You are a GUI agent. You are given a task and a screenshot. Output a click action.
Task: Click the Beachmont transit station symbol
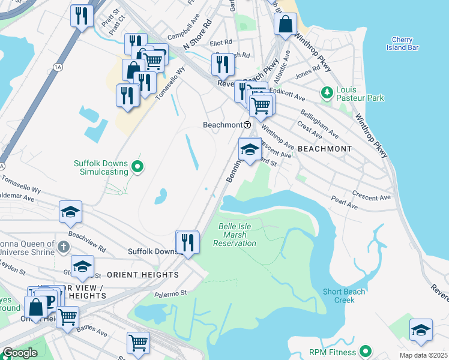click(x=247, y=125)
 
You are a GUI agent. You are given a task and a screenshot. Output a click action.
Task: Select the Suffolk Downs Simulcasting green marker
click(x=137, y=167)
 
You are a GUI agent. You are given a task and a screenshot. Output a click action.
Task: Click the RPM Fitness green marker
click(x=366, y=352)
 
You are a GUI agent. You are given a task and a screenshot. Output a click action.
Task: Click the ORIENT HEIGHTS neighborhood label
click(x=143, y=274)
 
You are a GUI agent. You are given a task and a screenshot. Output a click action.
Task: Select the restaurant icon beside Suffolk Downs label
click(x=188, y=242)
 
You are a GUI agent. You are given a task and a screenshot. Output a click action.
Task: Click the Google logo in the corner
click(x=20, y=353)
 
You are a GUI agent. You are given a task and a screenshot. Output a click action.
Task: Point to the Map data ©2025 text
click(x=423, y=355)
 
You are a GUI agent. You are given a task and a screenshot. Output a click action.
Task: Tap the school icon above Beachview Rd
click(x=70, y=211)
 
